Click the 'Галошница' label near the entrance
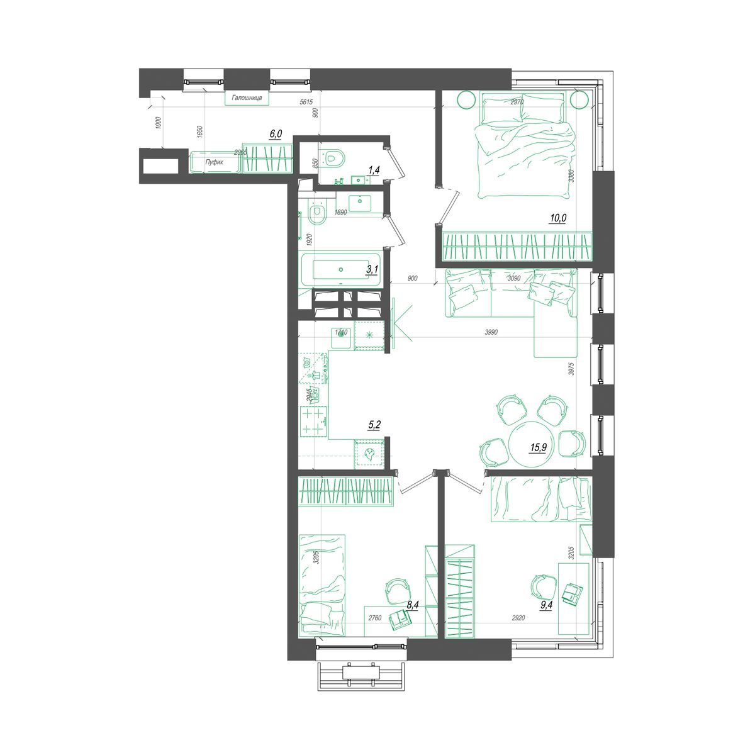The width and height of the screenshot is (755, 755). (x=247, y=99)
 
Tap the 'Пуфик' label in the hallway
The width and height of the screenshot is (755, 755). (x=215, y=162)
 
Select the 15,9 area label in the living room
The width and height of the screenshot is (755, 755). (x=539, y=447)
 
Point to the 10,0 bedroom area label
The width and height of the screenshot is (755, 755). (x=558, y=218)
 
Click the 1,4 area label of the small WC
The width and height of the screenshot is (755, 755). (x=374, y=169)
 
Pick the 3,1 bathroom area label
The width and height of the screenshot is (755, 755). (x=372, y=269)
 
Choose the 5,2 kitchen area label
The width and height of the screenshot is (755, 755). (x=374, y=425)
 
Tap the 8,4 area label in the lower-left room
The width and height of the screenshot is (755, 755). (x=413, y=605)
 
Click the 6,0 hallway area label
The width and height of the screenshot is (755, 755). (x=276, y=133)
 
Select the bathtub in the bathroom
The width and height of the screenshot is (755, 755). (x=340, y=270)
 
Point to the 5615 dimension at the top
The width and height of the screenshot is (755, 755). (x=306, y=102)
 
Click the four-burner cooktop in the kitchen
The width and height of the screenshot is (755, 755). (x=314, y=421)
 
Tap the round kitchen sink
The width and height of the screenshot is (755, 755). (x=342, y=334)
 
